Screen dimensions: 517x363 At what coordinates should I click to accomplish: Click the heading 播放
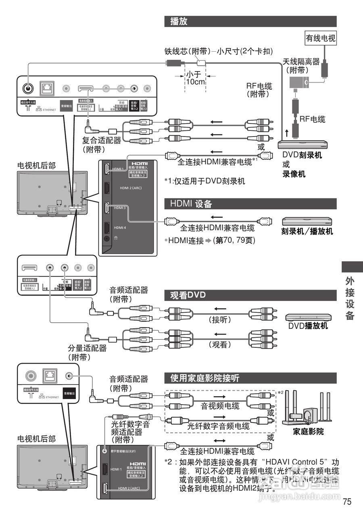[179, 21]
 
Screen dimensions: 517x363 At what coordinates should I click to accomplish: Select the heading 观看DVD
[188, 295]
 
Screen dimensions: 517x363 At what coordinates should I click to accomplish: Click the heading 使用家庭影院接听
[204, 378]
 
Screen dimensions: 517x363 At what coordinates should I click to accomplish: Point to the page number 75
[347, 502]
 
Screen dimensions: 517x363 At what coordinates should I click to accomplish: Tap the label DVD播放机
[308, 326]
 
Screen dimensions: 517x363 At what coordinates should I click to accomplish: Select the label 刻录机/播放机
[307, 232]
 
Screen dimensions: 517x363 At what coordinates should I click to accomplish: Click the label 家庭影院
[308, 431]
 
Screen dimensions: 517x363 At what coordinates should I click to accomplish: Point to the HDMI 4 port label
[120, 228]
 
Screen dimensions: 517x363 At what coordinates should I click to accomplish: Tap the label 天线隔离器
[301, 61]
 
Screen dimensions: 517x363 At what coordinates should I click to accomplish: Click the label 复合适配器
[102, 141]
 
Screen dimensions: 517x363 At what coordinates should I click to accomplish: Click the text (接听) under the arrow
[220, 320]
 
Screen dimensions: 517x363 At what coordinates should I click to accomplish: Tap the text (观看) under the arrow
[220, 345]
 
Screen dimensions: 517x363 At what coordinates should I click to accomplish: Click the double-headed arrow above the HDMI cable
[219, 440]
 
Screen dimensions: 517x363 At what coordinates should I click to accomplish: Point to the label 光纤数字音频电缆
[218, 426]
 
